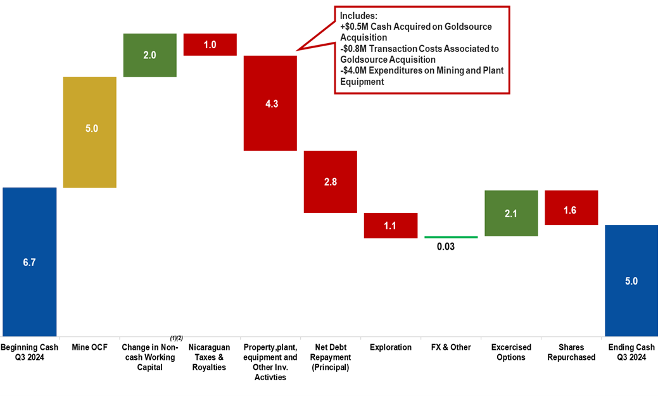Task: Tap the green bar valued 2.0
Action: click(x=149, y=55)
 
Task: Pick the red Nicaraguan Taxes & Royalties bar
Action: click(x=210, y=44)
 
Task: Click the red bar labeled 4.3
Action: click(x=270, y=103)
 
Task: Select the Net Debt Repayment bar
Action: click(x=330, y=182)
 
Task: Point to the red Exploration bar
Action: click(x=390, y=225)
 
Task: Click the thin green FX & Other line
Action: click(x=451, y=237)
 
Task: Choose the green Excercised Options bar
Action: click(x=510, y=214)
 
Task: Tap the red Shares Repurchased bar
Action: click(x=571, y=207)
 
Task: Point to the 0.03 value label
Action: click(x=445, y=246)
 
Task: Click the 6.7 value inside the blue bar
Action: click(x=29, y=262)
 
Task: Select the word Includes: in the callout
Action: click(x=359, y=15)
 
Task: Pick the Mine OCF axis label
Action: click(x=89, y=347)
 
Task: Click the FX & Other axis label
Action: click(x=451, y=347)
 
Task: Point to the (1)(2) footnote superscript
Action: click(x=176, y=338)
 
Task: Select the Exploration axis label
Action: click(x=390, y=347)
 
